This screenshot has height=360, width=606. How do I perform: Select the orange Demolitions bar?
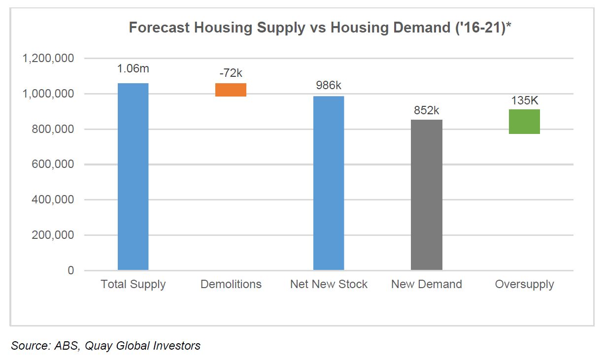pyautogui.click(x=231, y=90)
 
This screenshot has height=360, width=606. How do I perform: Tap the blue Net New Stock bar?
pyautogui.click(x=329, y=183)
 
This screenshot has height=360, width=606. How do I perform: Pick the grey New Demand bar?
pyautogui.click(x=427, y=195)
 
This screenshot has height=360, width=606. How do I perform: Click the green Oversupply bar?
pyautogui.click(x=524, y=121)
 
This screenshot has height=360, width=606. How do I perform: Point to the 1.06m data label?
pyautogui.click(x=133, y=69)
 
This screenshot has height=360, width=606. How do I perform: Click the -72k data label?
pyautogui.click(x=231, y=73)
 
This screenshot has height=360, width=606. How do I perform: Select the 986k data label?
pyautogui.click(x=329, y=86)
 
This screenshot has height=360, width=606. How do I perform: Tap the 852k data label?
pyautogui.click(x=427, y=111)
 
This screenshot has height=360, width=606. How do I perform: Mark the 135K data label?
pyautogui.click(x=524, y=100)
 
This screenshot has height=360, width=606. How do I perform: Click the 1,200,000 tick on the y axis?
pyautogui.click(x=48, y=58)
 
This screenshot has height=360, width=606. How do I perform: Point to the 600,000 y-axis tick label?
pyautogui.click(x=53, y=164)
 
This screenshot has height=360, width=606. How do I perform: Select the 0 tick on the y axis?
pyautogui.click(x=70, y=270)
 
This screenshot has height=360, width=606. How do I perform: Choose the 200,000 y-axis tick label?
pyautogui.click(x=53, y=235)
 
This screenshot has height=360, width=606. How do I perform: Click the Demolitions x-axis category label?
pyautogui.click(x=231, y=284)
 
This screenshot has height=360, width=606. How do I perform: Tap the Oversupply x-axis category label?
pyautogui.click(x=524, y=284)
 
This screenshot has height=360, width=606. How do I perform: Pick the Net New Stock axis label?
pyautogui.click(x=329, y=284)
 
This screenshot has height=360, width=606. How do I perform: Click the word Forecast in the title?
pyautogui.click(x=159, y=28)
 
